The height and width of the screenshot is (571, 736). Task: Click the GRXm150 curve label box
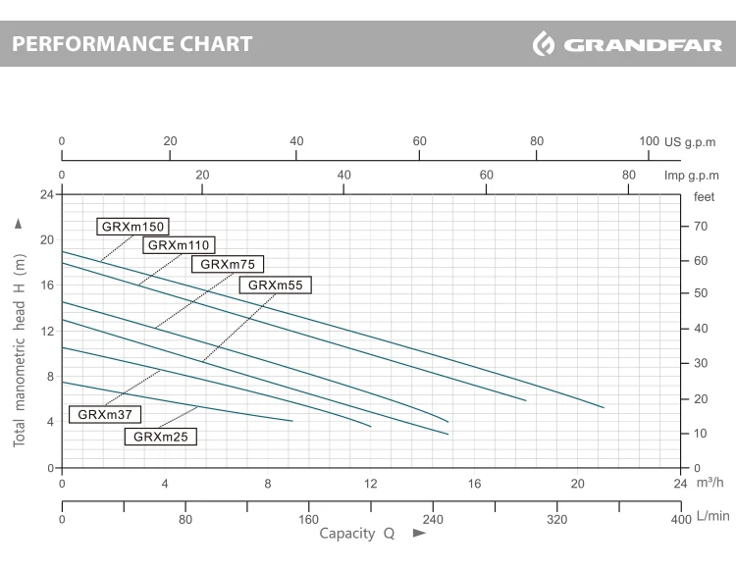(x=132, y=227)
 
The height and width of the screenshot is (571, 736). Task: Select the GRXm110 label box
(x=179, y=245)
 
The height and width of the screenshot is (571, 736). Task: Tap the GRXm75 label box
(x=228, y=264)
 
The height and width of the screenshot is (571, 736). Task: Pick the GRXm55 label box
(x=275, y=285)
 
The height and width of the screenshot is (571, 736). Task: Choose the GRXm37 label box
(x=105, y=414)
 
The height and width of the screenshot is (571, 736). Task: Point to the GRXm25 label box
(x=161, y=437)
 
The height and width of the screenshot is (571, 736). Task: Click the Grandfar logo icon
(x=544, y=43)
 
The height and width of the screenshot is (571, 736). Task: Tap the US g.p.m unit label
(x=690, y=142)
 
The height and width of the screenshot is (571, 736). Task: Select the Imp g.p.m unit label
(x=692, y=176)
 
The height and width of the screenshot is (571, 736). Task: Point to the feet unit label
(x=704, y=197)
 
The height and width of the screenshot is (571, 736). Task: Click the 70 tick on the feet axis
(x=701, y=227)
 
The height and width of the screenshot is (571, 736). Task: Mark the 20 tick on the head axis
(x=47, y=239)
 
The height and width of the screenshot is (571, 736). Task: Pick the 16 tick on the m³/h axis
(x=474, y=484)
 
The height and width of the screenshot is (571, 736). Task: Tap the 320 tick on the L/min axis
(x=557, y=519)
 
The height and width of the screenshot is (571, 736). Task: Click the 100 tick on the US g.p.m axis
(x=650, y=141)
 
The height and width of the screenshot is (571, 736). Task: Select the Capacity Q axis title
(x=357, y=534)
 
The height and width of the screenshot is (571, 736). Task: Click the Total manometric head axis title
(x=19, y=350)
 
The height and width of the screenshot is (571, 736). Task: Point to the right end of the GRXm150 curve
(x=604, y=407)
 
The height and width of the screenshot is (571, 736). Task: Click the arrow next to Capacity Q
(x=419, y=533)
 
